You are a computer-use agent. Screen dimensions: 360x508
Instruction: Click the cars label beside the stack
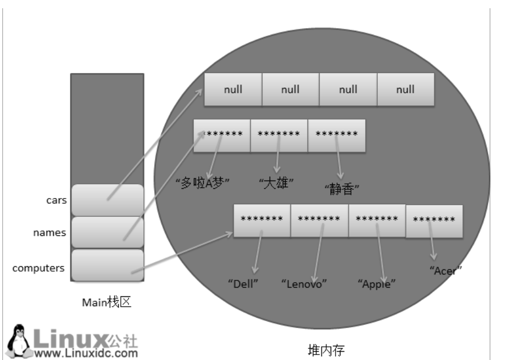coord(56,200)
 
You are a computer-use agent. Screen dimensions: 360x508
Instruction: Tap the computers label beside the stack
coord(38,268)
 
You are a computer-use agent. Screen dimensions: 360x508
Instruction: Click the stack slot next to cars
coord(107,200)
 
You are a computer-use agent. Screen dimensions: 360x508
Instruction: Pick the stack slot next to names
coord(107,233)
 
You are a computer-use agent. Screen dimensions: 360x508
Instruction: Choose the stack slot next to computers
coord(107,266)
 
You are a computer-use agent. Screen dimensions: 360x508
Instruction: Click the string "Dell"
coord(243,284)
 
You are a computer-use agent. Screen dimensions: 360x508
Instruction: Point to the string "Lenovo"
coord(304,284)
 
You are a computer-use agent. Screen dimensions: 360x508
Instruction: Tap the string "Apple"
coord(376,284)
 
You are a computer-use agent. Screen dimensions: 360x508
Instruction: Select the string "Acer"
coord(446,270)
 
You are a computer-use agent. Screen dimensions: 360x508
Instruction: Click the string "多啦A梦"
coord(205,183)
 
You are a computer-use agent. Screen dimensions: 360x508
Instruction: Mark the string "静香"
coord(342,189)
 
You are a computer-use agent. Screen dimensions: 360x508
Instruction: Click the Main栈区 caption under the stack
coord(107,302)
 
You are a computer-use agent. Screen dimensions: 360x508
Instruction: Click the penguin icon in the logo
coord(20,339)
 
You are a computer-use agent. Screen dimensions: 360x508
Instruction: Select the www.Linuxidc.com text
coord(85,352)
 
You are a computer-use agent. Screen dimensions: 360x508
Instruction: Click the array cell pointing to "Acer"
coord(434,221)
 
